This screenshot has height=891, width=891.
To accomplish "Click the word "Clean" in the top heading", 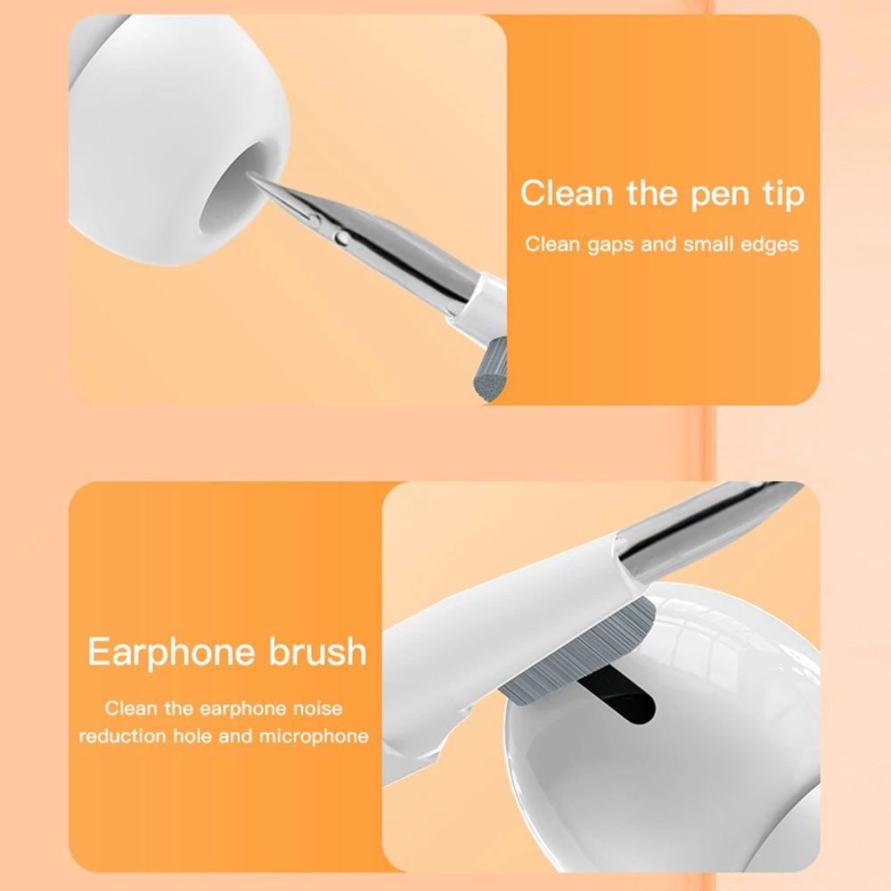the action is pos(567,192).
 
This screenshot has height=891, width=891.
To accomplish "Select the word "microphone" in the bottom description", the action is pos(315,737).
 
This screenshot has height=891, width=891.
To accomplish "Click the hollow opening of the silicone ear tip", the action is pos(236,191).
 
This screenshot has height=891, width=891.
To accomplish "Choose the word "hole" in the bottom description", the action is pos(192,736).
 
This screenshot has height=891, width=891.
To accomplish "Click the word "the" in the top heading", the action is pos(652,192).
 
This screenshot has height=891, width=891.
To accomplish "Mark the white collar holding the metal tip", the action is pos(483,302).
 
